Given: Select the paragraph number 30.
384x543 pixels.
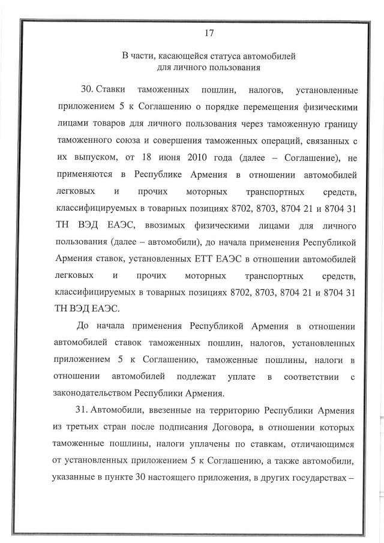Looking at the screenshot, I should [88, 90].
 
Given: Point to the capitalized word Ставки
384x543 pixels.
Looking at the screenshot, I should [112, 90].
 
